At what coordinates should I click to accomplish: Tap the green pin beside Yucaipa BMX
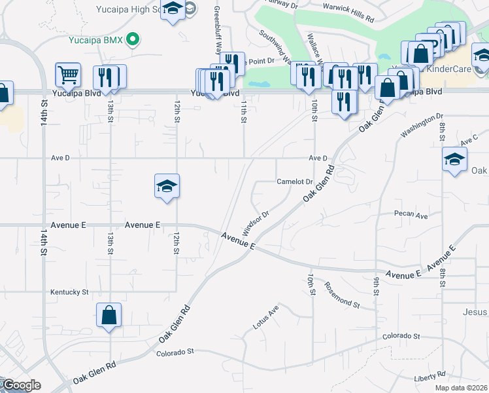pos(133,39)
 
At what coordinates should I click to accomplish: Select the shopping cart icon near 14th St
pos(68,75)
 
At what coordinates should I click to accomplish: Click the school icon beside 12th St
pos(167,187)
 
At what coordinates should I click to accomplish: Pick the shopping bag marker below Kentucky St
pos(109,316)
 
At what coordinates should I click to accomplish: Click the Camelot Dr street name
pos(295,181)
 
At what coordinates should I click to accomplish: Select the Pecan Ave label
pos(411,215)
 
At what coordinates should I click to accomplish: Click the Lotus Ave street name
pos(266,317)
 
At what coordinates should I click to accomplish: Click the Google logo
pos(21,385)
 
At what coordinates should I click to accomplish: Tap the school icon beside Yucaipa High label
pos(173,10)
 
